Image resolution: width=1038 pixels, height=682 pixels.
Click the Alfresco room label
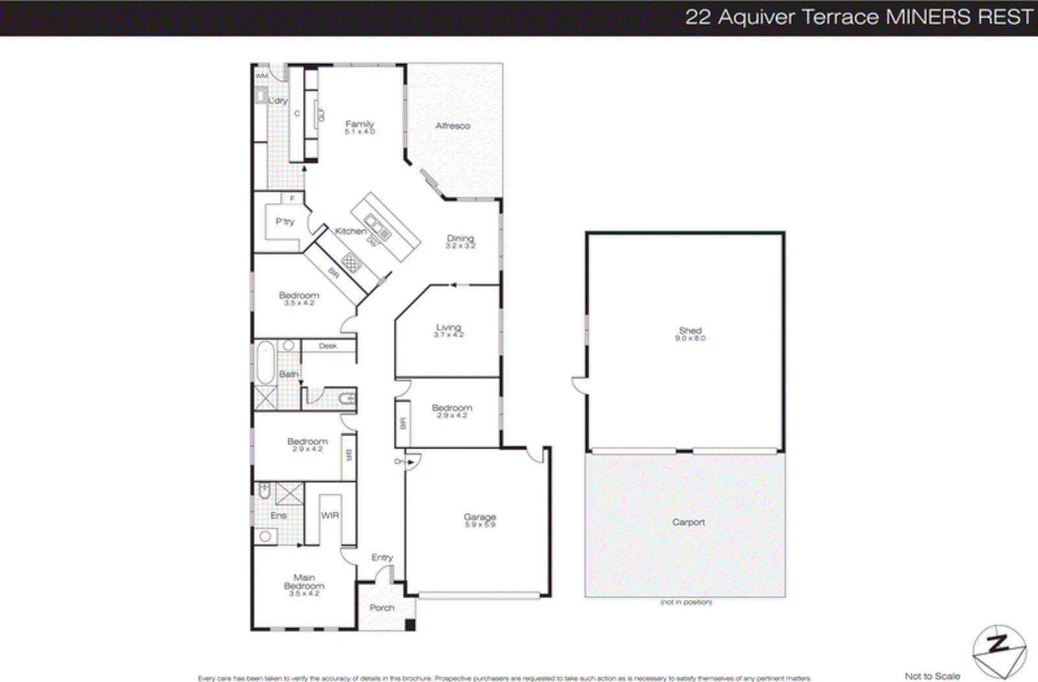click(x=452, y=126)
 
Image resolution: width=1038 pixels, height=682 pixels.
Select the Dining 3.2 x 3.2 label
click(x=460, y=241)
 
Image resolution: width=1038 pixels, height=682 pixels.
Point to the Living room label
click(x=448, y=330)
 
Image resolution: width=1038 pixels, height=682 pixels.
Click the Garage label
click(x=480, y=519)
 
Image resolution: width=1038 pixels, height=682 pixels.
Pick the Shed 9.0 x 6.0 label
click(x=690, y=333)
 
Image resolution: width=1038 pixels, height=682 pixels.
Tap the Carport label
click(x=688, y=522)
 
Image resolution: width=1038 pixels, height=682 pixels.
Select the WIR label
click(x=330, y=515)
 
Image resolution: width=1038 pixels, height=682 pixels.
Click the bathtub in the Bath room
click(x=265, y=364)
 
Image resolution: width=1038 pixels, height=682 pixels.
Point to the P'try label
click(x=285, y=222)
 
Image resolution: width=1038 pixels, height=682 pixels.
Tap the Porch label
click(x=382, y=607)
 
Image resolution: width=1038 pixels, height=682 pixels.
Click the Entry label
click(x=382, y=558)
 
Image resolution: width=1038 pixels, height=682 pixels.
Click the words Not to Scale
click(x=932, y=676)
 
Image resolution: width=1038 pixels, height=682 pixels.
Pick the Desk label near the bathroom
click(x=328, y=346)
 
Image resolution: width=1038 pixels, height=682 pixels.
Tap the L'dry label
click(x=278, y=100)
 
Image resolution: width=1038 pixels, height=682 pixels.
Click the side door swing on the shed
click(x=579, y=385)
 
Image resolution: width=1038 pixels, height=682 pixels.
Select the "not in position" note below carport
click(x=686, y=602)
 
